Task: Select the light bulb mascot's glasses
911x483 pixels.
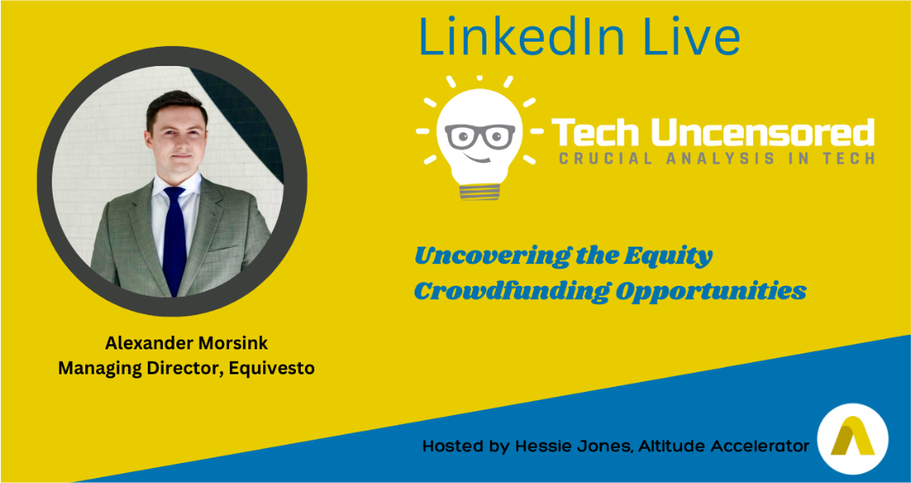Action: [x=480, y=135]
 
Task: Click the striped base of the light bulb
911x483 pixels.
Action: [x=480, y=191]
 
